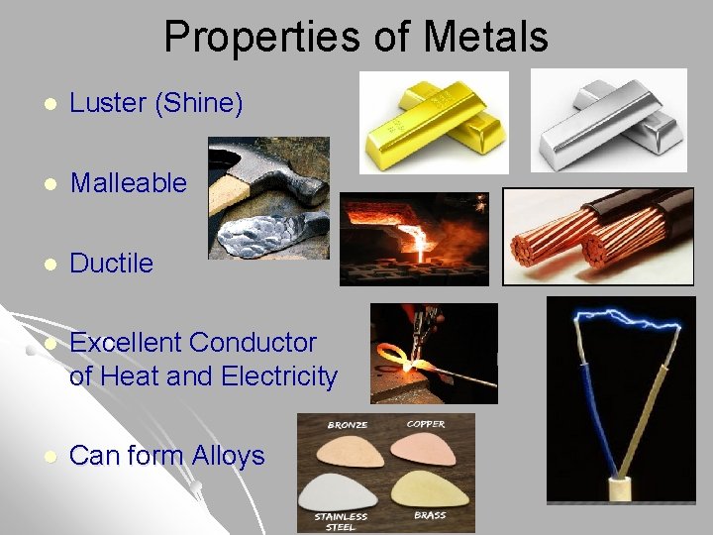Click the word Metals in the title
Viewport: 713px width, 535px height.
coord(485,38)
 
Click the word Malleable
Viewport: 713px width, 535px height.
coord(129,183)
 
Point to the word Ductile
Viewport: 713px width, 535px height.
coord(112,264)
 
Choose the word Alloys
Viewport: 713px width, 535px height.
coord(228,456)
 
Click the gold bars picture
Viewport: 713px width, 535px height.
coord(433,123)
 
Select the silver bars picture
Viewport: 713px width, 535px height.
coord(608,120)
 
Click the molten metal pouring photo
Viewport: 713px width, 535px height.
coord(414,239)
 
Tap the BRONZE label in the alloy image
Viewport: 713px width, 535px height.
coord(348,425)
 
